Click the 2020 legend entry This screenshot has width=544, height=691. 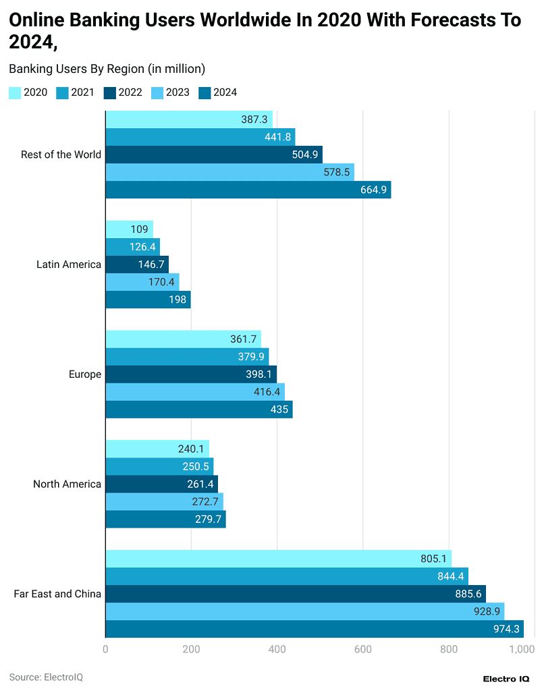28,93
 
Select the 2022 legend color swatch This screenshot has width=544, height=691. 110,93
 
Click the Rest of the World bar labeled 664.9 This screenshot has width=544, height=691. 248,190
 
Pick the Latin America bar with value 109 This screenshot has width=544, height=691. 130,229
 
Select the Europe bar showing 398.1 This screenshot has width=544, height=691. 191,375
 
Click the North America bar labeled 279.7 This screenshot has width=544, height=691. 166,519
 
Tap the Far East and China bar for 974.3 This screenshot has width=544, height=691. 315,629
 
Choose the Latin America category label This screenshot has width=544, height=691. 69,265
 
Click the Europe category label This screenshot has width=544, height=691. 85,375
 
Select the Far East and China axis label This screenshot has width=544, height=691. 57,594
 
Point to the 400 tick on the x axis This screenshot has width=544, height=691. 277,649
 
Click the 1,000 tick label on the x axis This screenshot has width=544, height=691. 522,649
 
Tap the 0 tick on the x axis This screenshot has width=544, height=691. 106,649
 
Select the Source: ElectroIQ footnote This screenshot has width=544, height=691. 46,676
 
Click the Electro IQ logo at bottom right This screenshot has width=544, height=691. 506,678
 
